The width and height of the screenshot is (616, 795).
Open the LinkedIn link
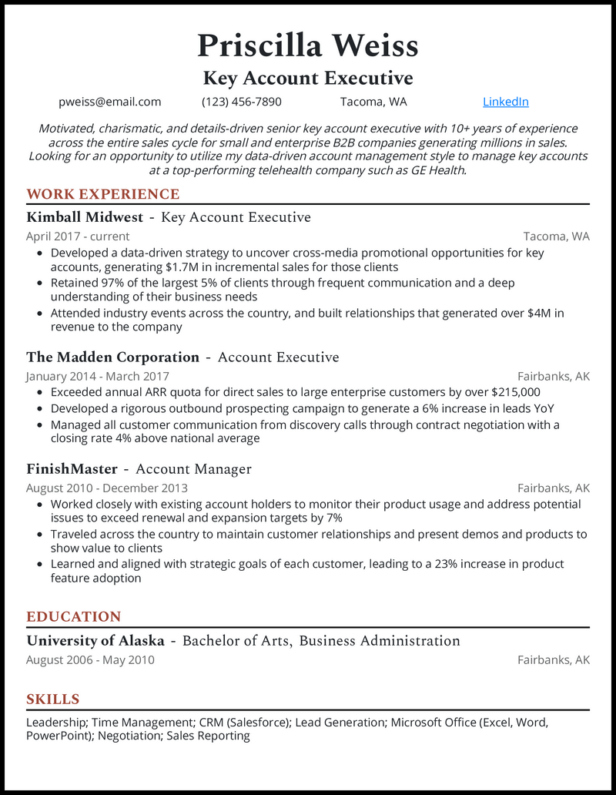(505, 102)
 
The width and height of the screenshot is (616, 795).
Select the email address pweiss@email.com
(110, 102)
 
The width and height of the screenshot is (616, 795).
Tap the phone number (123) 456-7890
(242, 102)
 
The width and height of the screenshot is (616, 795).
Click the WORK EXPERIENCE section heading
(102, 194)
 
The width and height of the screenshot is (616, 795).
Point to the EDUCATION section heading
(74, 616)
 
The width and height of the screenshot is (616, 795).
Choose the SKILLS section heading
(53, 699)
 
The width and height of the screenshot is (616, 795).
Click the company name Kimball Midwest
(85, 217)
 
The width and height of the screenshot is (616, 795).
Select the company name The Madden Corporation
(112, 357)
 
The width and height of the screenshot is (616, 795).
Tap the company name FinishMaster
(72, 469)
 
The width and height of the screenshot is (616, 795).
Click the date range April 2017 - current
(78, 236)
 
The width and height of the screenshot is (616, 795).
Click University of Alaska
(95, 641)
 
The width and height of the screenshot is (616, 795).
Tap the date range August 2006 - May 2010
(90, 660)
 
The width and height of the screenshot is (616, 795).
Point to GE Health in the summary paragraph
(436, 170)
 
